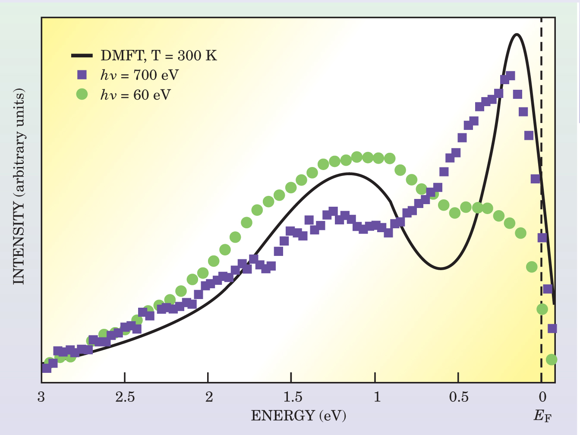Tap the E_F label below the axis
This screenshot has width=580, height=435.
542,416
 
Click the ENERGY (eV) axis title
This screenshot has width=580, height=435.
298,416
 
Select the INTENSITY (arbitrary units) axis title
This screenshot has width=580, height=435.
19,186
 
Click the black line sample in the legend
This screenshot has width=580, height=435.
82,56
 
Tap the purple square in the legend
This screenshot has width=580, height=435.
82,75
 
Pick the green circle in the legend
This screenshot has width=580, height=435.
82,94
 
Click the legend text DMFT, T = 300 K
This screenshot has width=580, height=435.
159,56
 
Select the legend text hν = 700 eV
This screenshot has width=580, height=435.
139,75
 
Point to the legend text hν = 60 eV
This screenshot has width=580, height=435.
136,95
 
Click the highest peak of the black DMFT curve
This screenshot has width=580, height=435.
516,35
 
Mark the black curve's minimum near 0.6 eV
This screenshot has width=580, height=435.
441,268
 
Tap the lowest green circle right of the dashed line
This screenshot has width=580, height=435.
551,359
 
